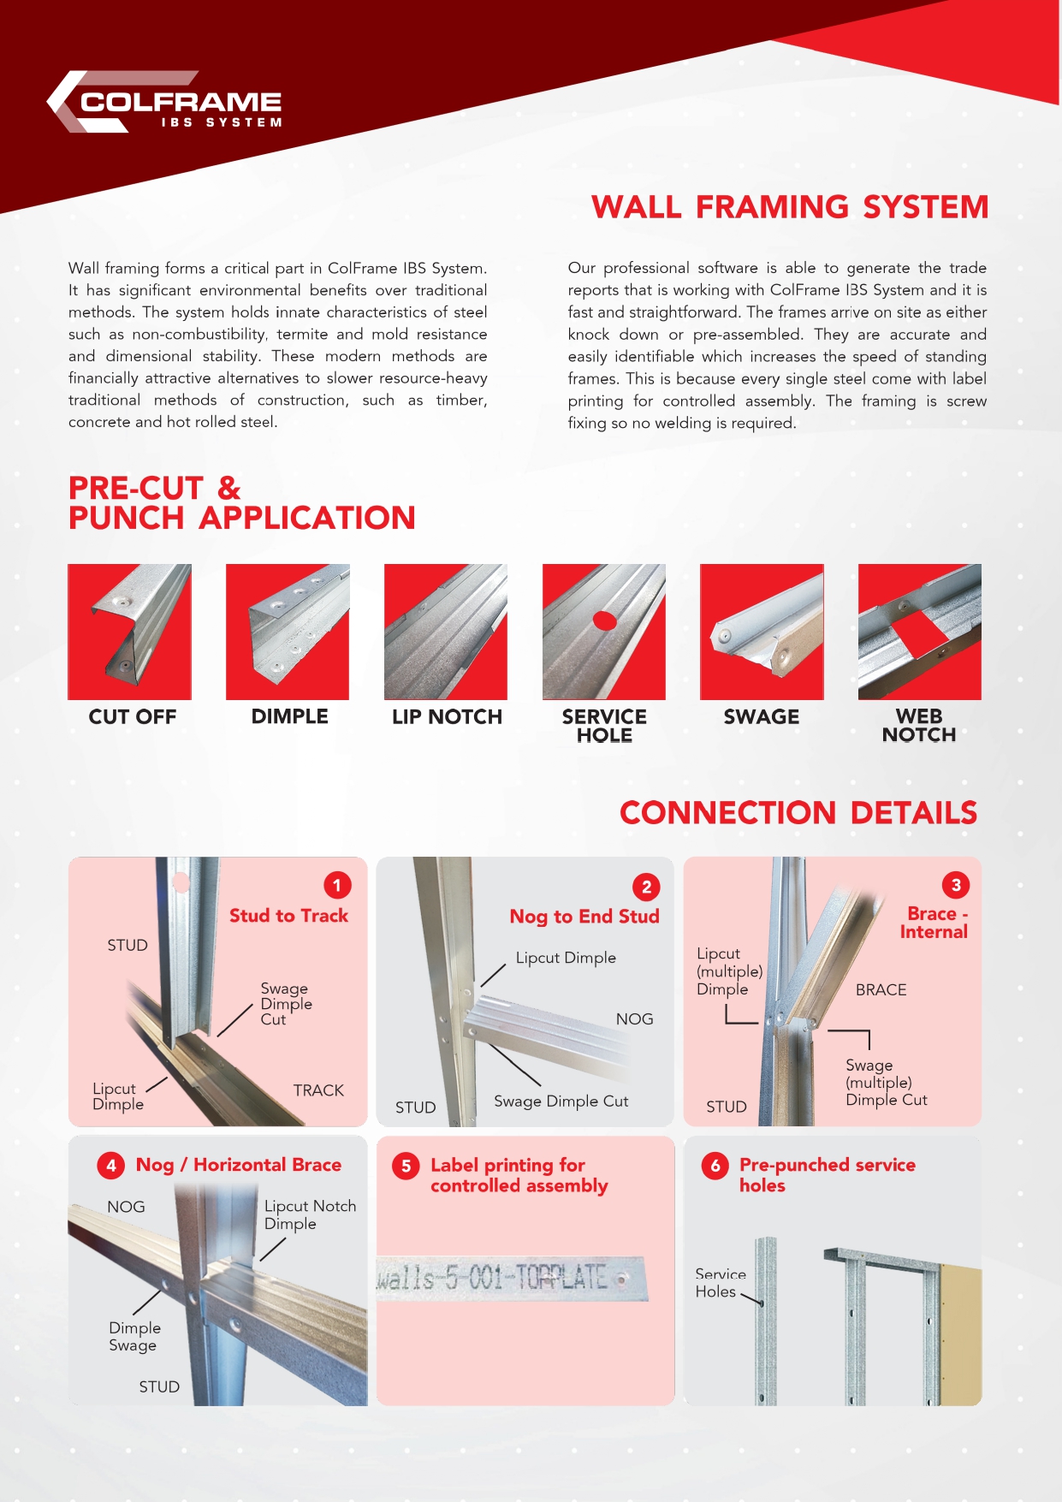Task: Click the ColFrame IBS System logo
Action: click(165, 103)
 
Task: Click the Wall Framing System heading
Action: click(789, 207)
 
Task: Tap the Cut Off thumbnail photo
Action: click(129, 632)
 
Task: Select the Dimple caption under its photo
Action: click(289, 717)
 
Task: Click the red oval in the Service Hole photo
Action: click(605, 620)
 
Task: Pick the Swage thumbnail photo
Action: click(762, 632)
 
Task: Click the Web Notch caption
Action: click(919, 726)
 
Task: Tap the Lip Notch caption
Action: click(447, 717)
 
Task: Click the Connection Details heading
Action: click(798, 812)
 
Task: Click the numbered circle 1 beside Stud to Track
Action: click(337, 885)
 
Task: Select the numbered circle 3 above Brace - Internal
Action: click(956, 885)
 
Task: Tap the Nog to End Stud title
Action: click(584, 917)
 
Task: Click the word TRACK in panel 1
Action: click(318, 1090)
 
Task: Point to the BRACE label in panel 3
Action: click(881, 990)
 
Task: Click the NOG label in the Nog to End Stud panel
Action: click(634, 1019)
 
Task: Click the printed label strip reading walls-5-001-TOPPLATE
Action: click(511, 1279)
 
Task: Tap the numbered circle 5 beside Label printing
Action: click(406, 1166)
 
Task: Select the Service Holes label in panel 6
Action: click(720, 1283)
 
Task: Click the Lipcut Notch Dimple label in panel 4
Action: click(309, 1214)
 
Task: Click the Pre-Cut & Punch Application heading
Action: click(241, 503)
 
